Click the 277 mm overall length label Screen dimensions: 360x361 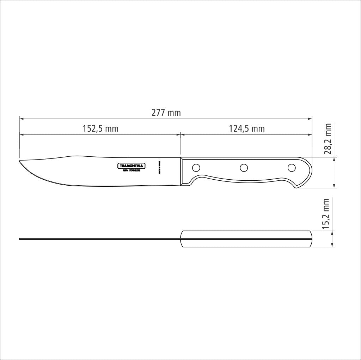[x=166, y=113]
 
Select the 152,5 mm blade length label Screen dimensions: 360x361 [x=100, y=128]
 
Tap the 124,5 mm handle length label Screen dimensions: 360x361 [x=247, y=128]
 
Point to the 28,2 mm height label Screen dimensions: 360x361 [x=328, y=139]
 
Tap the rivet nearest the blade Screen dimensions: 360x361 [x=196, y=167]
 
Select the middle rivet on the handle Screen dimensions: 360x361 [x=244, y=168]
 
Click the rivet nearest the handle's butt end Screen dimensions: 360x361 [x=292, y=167]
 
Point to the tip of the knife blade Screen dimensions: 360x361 [x=20, y=162]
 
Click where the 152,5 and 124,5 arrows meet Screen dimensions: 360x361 [x=180, y=134]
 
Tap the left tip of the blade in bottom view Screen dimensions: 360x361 [x=20, y=239]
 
